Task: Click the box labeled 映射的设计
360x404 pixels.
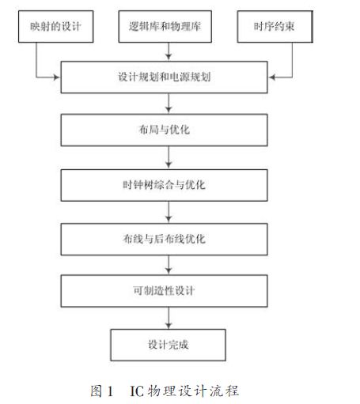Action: click(56, 26)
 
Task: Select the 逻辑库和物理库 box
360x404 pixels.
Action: click(165, 26)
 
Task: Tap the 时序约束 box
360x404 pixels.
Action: click(275, 26)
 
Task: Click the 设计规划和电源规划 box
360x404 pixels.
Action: click(164, 77)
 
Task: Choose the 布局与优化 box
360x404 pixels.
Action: click(164, 130)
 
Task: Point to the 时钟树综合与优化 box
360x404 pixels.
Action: click(164, 185)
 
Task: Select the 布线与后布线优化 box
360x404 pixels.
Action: click(164, 240)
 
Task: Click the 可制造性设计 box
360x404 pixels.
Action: click(164, 291)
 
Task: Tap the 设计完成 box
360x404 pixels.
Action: click(169, 345)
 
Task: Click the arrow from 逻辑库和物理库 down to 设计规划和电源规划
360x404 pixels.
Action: click(169, 51)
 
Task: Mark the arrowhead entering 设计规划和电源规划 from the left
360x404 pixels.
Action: click(57, 77)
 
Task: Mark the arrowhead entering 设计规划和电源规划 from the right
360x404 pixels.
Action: click(272, 77)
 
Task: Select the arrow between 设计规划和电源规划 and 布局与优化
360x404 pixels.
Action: click(169, 104)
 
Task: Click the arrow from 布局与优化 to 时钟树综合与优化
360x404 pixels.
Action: click(169, 157)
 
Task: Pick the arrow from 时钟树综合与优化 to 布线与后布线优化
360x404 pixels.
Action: click(169, 212)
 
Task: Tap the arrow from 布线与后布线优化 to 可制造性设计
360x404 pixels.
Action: click(169, 265)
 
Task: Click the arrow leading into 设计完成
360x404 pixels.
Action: click(169, 318)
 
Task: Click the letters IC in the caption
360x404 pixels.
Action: click(137, 391)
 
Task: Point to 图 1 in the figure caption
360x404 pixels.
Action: click(101, 391)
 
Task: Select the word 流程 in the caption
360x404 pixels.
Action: click(225, 391)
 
